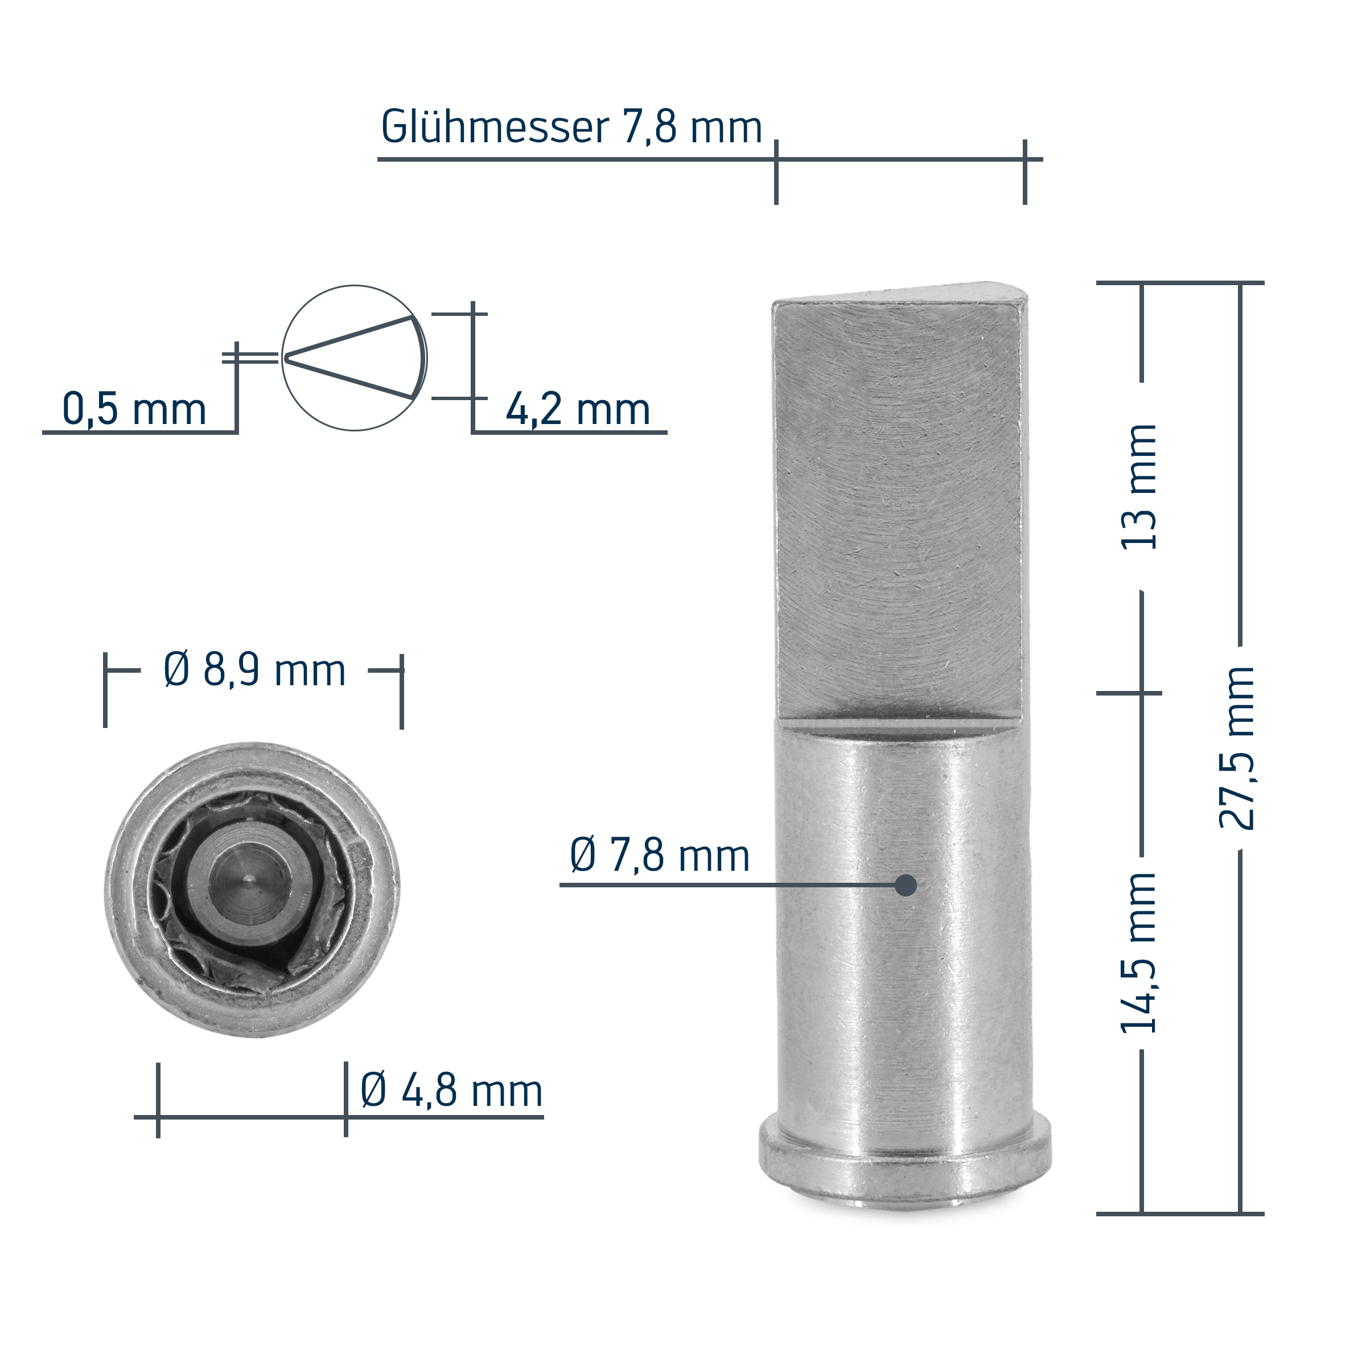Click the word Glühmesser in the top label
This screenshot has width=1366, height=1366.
coord(494,127)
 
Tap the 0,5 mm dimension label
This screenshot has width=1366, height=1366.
coord(134,409)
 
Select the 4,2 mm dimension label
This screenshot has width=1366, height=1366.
coord(578,409)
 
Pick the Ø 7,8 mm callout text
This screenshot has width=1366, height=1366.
coord(660,855)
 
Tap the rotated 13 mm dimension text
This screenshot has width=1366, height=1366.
coord(1139,487)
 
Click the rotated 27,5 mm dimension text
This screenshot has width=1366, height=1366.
coord(1237,748)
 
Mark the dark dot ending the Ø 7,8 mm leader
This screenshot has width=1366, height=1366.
coord(906,885)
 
